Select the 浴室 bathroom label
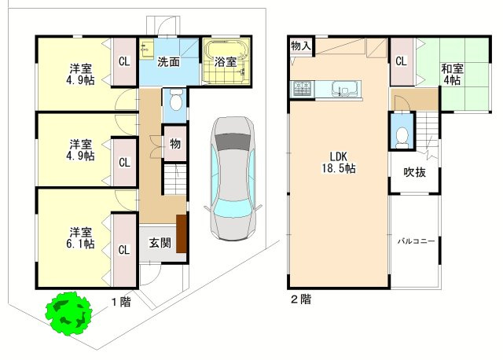226,62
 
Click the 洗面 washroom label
168,61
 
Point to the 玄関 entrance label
160,243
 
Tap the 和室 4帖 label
453,75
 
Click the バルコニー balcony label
416,241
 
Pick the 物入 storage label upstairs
300,46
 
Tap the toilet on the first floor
175,101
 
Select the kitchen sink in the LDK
343,88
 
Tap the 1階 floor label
120,302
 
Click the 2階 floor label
300,299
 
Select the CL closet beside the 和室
401,61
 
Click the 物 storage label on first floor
174,145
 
